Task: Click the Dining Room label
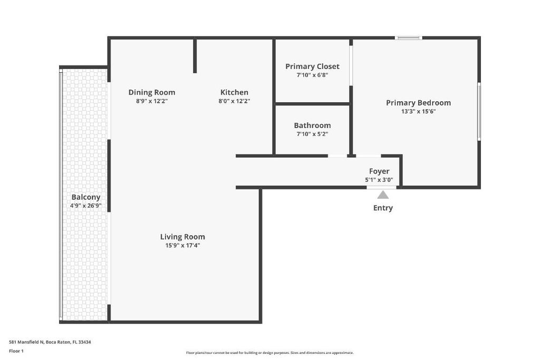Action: [151, 92]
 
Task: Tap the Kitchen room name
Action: [234, 92]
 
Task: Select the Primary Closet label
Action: [312, 66]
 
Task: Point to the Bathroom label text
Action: [312, 125]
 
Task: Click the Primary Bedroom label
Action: [418, 103]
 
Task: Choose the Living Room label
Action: [182, 237]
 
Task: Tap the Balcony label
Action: [86, 197]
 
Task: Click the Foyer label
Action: [379, 171]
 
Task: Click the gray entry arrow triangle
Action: [383, 195]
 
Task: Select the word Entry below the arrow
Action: [383, 208]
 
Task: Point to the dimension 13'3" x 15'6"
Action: [418, 111]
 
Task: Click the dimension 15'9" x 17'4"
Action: [182, 245]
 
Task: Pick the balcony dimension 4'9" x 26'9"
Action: [86, 206]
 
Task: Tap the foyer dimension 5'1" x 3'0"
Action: [379, 180]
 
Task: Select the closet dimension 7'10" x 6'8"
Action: [312, 75]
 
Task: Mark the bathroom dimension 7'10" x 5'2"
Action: [312, 134]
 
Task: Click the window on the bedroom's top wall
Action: [409, 38]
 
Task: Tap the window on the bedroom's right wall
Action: [479, 111]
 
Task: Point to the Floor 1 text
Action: [16, 351]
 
